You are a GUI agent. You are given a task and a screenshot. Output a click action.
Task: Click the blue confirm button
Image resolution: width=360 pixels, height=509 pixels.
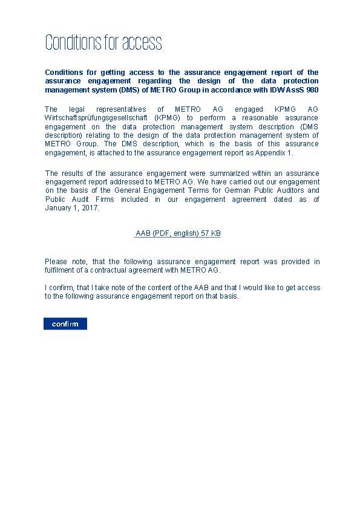point(65,324)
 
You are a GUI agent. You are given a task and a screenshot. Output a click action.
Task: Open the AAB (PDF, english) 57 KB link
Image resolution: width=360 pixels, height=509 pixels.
point(177,234)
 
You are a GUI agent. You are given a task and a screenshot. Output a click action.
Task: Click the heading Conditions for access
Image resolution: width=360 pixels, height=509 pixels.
point(103,43)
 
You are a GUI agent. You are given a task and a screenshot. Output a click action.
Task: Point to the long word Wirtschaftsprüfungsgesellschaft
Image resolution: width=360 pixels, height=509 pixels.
point(96,118)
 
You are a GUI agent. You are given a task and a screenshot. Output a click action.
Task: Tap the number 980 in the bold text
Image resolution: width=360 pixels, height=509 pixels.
point(312,90)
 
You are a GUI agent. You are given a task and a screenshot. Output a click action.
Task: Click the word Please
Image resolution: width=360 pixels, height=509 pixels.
point(56,261)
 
